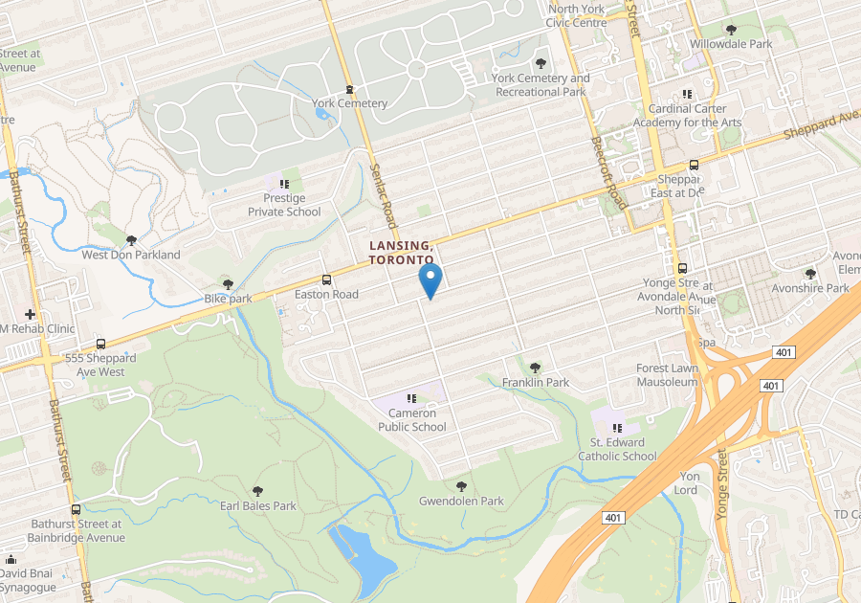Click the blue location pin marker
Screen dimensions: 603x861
coord(430,280)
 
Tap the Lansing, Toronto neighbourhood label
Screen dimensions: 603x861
coord(402,253)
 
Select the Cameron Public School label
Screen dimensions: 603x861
coord(411,420)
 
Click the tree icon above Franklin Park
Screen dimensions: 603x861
coord(535,367)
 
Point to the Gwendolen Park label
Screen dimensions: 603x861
coord(461,501)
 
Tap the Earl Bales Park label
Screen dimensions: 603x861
coord(258,505)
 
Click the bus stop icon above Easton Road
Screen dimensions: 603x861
coord(327,279)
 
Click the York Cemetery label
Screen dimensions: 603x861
coord(349,103)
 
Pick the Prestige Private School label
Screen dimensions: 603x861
coord(284,205)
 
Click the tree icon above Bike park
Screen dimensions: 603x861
coord(228,283)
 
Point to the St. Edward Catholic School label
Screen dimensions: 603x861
coord(617,449)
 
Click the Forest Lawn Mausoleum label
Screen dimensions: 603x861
coord(668,374)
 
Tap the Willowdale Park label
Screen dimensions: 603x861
coord(732,44)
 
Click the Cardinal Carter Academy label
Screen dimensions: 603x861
coord(687,116)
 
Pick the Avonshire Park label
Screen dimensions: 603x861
coord(812,288)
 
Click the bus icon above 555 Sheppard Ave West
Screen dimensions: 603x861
coord(100,344)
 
